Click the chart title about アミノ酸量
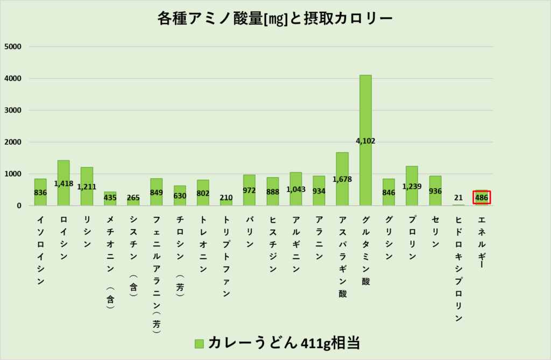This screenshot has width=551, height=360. click(x=275, y=19)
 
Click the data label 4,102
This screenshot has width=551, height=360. click(x=365, y=141)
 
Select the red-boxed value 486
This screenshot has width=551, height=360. click(x=482, y=197)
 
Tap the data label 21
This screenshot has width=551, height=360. click(x=458, y=197)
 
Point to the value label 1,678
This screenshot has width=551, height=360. click(x=342, y=180)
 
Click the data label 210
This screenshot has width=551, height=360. click(x=226, y=197)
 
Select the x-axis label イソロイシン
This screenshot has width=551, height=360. click(x=40, y=250)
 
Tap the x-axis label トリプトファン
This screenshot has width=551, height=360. click(x=226, y=256)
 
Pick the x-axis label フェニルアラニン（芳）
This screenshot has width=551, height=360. click(x=156, y=274)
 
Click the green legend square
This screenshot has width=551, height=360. click(x=199, y=343)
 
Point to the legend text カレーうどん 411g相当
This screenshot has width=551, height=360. click(x=284, y=342)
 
